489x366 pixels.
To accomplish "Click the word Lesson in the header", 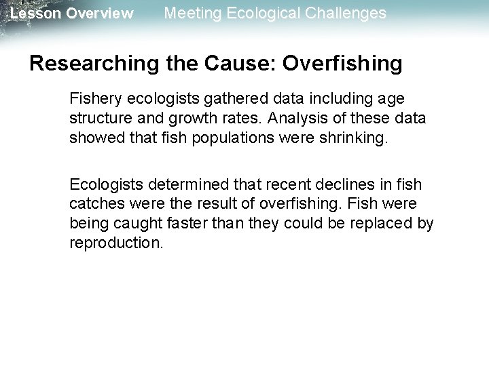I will (x=33, y=14).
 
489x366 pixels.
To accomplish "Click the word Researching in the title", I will (x=86, y=64).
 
